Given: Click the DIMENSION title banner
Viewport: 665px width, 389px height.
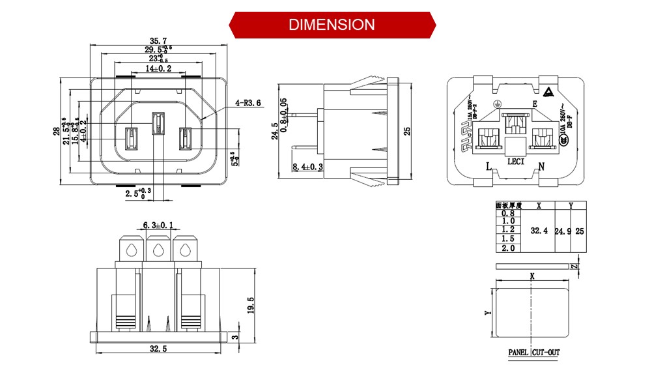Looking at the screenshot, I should point(332,25).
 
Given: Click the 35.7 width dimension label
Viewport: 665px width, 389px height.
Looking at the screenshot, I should point(158,41).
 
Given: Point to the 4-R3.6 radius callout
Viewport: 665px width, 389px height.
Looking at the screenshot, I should point(248,102).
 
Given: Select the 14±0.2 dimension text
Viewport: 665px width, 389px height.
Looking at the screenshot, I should point(158,68).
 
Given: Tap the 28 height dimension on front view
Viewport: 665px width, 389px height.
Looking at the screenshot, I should point(57,132).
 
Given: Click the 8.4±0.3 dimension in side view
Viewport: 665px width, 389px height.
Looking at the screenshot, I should point(308,167).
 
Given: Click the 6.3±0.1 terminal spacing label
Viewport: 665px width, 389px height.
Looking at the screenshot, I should point(158,225).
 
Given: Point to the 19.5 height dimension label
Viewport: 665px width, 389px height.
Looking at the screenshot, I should point(251,304).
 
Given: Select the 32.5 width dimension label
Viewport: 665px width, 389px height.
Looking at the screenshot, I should point(158,349).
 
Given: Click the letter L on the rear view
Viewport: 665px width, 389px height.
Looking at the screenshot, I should point(488,166).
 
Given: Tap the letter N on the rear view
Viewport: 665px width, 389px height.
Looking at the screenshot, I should point(541,166).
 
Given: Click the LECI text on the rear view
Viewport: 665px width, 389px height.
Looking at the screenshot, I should point(515,161).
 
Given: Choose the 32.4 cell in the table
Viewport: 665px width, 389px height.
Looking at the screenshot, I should point(539,231).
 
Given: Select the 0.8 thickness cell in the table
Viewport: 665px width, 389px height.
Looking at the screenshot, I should point(508,213).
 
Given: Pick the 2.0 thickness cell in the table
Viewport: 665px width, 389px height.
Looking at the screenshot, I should point(508,248).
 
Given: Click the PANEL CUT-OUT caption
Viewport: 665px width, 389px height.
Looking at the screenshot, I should point(533,353).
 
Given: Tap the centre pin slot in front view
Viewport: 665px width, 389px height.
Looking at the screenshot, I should point(157,123).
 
